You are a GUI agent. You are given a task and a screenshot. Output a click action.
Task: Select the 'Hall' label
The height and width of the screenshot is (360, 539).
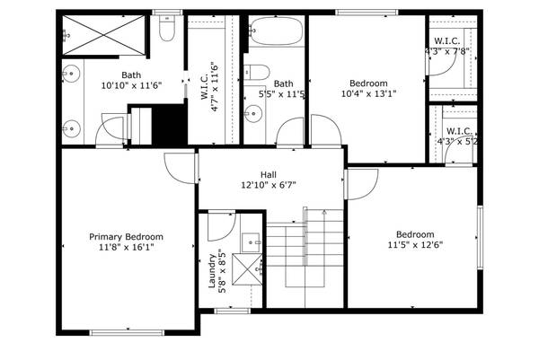269,175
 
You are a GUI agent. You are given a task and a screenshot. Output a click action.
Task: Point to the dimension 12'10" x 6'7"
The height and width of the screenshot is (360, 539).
269,186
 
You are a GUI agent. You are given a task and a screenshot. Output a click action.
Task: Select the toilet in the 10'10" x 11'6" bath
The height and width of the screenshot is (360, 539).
165,31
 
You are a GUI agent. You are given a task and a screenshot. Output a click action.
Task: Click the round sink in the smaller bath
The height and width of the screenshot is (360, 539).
253,113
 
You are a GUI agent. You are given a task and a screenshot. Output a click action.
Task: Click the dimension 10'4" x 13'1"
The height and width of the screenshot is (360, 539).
369,92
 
